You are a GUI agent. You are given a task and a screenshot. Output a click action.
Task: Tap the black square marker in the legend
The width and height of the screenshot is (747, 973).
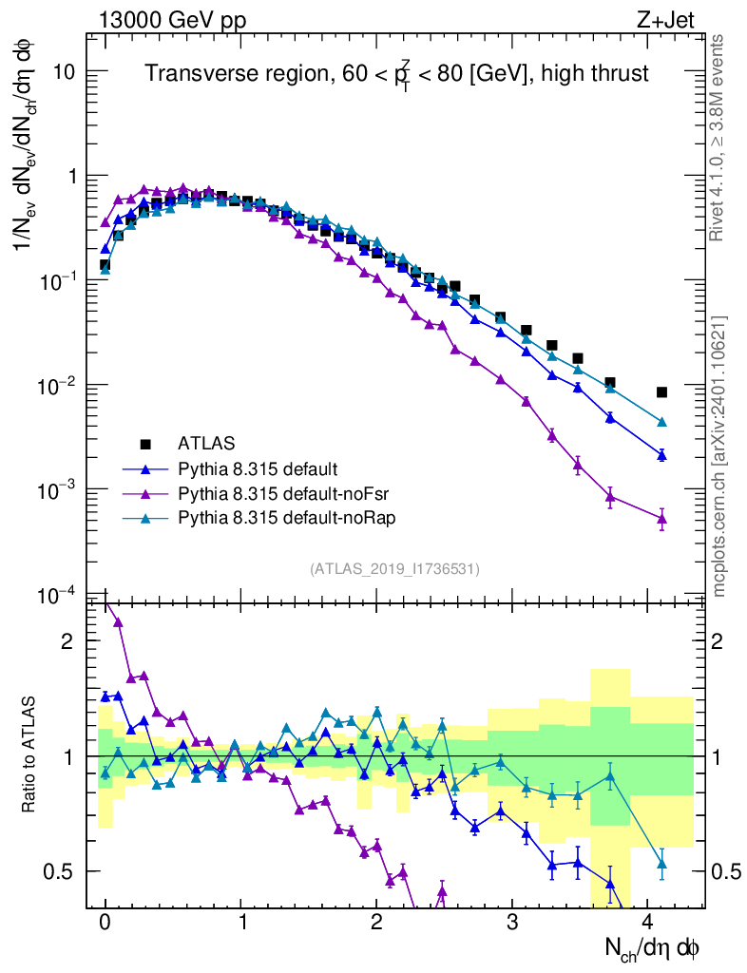pos(145,443)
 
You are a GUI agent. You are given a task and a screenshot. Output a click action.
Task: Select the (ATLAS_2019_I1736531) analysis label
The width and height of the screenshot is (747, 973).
pos(394,569)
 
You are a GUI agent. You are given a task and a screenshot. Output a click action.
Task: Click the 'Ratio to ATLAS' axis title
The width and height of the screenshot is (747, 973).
pos(31,755)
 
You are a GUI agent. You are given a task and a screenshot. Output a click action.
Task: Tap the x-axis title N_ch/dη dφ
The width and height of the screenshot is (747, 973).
pos(653,946)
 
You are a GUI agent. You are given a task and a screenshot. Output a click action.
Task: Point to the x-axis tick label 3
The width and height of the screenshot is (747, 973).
pos(513,922)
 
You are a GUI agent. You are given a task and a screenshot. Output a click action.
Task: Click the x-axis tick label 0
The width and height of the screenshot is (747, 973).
pos(105,922)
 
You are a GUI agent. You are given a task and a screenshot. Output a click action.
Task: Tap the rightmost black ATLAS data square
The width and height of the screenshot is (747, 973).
pos(661,392)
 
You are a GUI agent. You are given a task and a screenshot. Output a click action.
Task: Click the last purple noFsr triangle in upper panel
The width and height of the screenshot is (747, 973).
pos(661,518)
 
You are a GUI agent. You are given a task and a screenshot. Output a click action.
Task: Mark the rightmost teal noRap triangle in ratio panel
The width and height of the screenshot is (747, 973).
pos(661,863)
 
